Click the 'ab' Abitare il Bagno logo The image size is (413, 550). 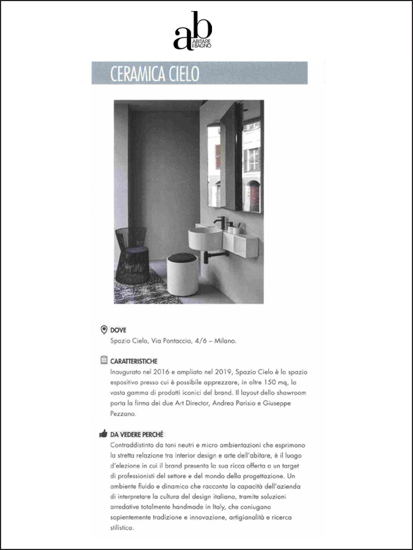[x=192, y=31]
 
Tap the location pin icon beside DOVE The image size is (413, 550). [x=104, y=329]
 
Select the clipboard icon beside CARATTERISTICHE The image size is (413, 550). [x=104, y=361]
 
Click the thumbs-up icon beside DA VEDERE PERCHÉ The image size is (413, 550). [x=104, y=434]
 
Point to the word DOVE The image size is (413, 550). [x=118, y=330]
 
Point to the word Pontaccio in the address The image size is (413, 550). [x=174, y=341]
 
